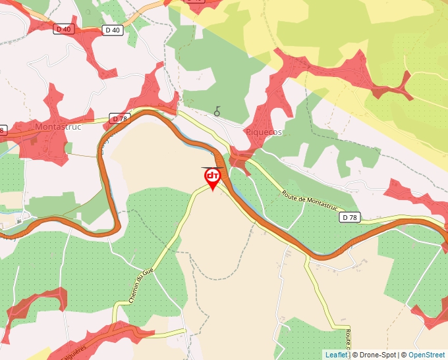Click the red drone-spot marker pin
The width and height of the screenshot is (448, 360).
click(212, 178)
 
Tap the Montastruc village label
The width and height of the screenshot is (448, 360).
click(58, 127)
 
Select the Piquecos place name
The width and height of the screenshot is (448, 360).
click(264, 132)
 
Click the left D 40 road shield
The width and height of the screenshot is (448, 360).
click(63, 29)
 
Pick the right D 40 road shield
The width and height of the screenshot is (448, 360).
click(112, 30)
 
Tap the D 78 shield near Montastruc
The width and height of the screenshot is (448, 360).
click(119, 118)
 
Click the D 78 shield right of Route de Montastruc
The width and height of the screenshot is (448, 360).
click(350, 217)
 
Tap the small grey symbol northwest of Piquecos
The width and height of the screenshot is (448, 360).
click(217, 112)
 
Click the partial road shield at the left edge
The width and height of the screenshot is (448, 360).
click(2, 130)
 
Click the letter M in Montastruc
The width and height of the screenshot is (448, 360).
click(38, 127)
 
